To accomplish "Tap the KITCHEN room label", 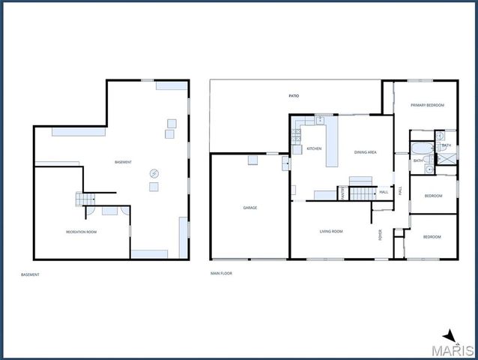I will (314, 148).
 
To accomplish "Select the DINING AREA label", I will (365, 152).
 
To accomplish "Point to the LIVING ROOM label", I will (331, 231).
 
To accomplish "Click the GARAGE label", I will (249, 208).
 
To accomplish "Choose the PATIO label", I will (294, 97).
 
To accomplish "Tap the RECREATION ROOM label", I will (81, 232).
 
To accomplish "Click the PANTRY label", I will (342, 193).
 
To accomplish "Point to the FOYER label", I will (380, 234).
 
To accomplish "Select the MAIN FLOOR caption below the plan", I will (222, 274).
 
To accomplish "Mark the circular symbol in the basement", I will (154, 172).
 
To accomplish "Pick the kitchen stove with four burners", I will (296, 136).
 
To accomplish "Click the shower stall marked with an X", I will (449, 158).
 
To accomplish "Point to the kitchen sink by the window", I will (319, 120).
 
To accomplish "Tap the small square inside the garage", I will (252, 159).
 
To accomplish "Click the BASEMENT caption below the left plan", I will (30, 274).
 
